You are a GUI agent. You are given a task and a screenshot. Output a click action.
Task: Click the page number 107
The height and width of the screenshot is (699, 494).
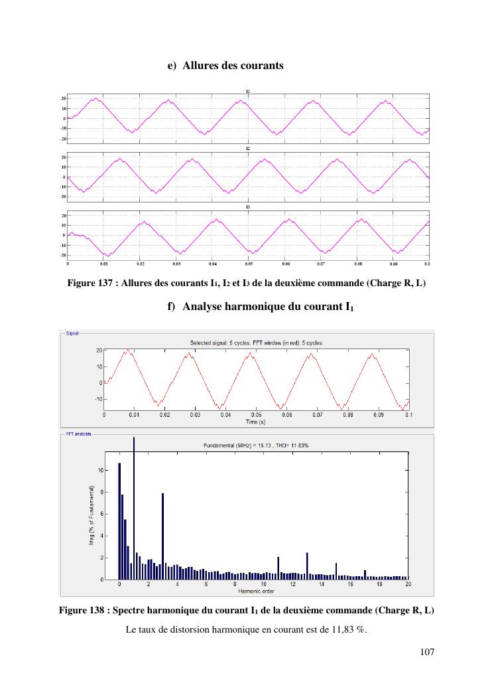pos(427,653)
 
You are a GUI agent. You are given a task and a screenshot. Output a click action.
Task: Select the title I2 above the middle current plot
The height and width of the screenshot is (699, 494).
pos(247,149)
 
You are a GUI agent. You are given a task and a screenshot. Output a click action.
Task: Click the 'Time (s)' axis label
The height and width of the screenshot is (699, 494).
pos(256,422)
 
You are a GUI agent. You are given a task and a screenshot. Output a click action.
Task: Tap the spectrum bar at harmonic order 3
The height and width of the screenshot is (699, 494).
pos(162,536)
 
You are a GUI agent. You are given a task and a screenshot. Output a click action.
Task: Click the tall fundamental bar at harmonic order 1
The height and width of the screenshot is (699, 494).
pos(134,508)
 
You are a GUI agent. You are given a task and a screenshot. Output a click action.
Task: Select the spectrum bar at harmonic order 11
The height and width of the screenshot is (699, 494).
pos(278,568)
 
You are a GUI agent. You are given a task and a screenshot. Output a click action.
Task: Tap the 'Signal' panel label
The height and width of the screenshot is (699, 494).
pos(72,333)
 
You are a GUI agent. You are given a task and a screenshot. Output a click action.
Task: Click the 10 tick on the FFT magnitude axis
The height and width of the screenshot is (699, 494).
pos(101,470)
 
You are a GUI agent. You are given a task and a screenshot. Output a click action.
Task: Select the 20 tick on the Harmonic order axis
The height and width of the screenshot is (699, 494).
pos(408,584)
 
